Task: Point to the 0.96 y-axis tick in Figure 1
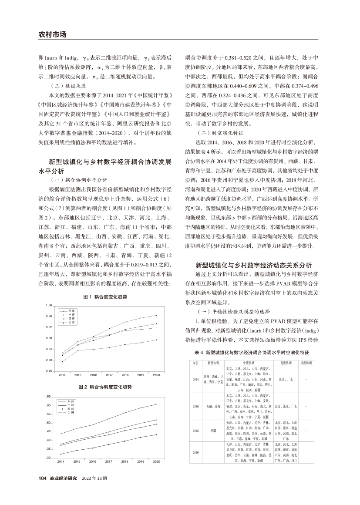[x=49, y=316]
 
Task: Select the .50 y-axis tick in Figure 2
[x=49, y=423]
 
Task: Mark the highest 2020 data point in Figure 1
[x=156, y=315]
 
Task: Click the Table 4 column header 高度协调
[x=285, y=362]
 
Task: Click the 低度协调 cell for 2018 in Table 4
[x=213, y=431]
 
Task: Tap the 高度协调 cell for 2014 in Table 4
[x=285, y=380]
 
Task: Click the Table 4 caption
[x=251, y=351]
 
